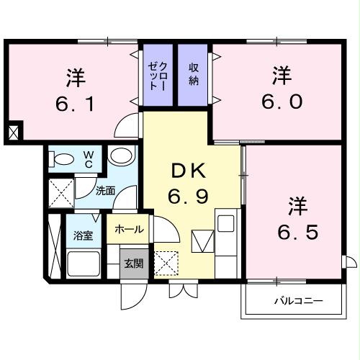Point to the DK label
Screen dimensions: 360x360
coord(188,172)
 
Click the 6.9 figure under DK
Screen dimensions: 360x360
coord(189,197)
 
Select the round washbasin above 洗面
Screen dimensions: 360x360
coord(122,156)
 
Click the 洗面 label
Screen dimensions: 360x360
coord(106,192)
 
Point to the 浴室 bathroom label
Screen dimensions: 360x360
coord(83,235)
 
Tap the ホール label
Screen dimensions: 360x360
coord(129,230)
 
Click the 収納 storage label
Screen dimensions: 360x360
coord(194,73)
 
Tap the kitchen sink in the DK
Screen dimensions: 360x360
coord(225,224)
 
